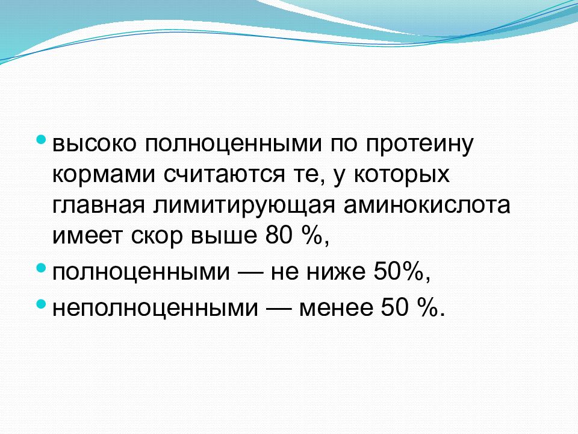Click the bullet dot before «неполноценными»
click(40, 304)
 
